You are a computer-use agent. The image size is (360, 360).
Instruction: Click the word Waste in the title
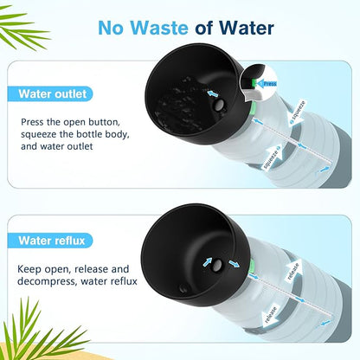point(159,28)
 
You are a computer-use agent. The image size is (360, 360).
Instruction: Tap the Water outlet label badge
point(50,94)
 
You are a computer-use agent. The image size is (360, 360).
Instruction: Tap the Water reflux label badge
point(50,241)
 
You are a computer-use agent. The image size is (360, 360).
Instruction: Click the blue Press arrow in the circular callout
point(267,84)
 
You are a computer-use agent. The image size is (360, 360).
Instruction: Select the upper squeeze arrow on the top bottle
point(297,113)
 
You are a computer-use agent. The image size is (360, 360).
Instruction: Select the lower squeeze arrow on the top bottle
point(273,157)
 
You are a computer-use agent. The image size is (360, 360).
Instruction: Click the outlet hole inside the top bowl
point(220,105)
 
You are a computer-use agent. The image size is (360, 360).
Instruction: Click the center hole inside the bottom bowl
point(216,265)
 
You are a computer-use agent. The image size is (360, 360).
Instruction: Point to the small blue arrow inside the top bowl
point(212,93)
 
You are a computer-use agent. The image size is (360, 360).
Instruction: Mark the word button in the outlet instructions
point(104,122)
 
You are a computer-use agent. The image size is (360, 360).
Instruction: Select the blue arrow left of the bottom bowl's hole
point(207,262)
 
